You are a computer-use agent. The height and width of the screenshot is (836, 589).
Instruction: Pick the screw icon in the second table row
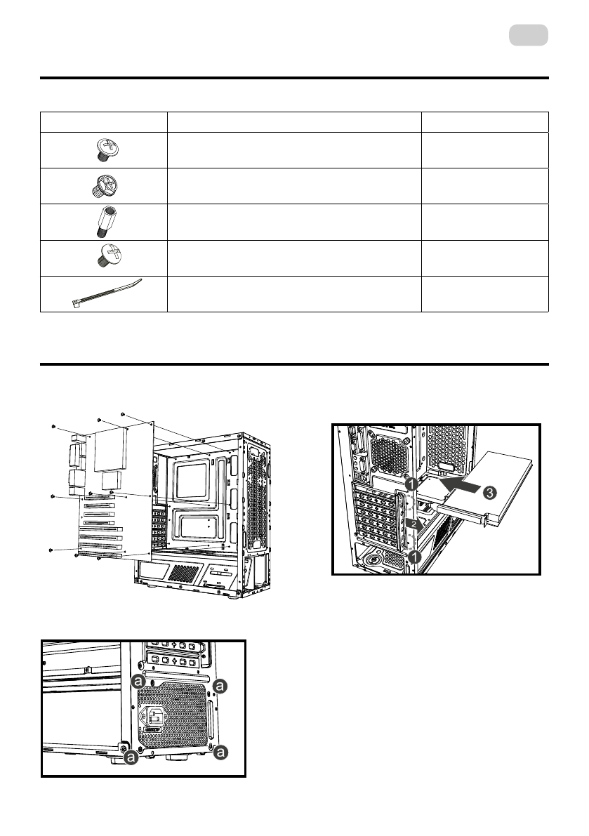tap(103, 185)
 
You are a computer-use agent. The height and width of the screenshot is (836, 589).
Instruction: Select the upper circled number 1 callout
tap(414, 484)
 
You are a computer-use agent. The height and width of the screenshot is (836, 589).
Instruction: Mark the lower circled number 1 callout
tap(414, 557)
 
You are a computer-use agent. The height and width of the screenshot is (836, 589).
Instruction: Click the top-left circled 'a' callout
tap(140, 682)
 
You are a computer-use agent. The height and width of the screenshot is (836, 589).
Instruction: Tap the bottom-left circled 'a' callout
tap(130, 757)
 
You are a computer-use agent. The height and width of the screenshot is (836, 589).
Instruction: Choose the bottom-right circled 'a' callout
tap(220, 752)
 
